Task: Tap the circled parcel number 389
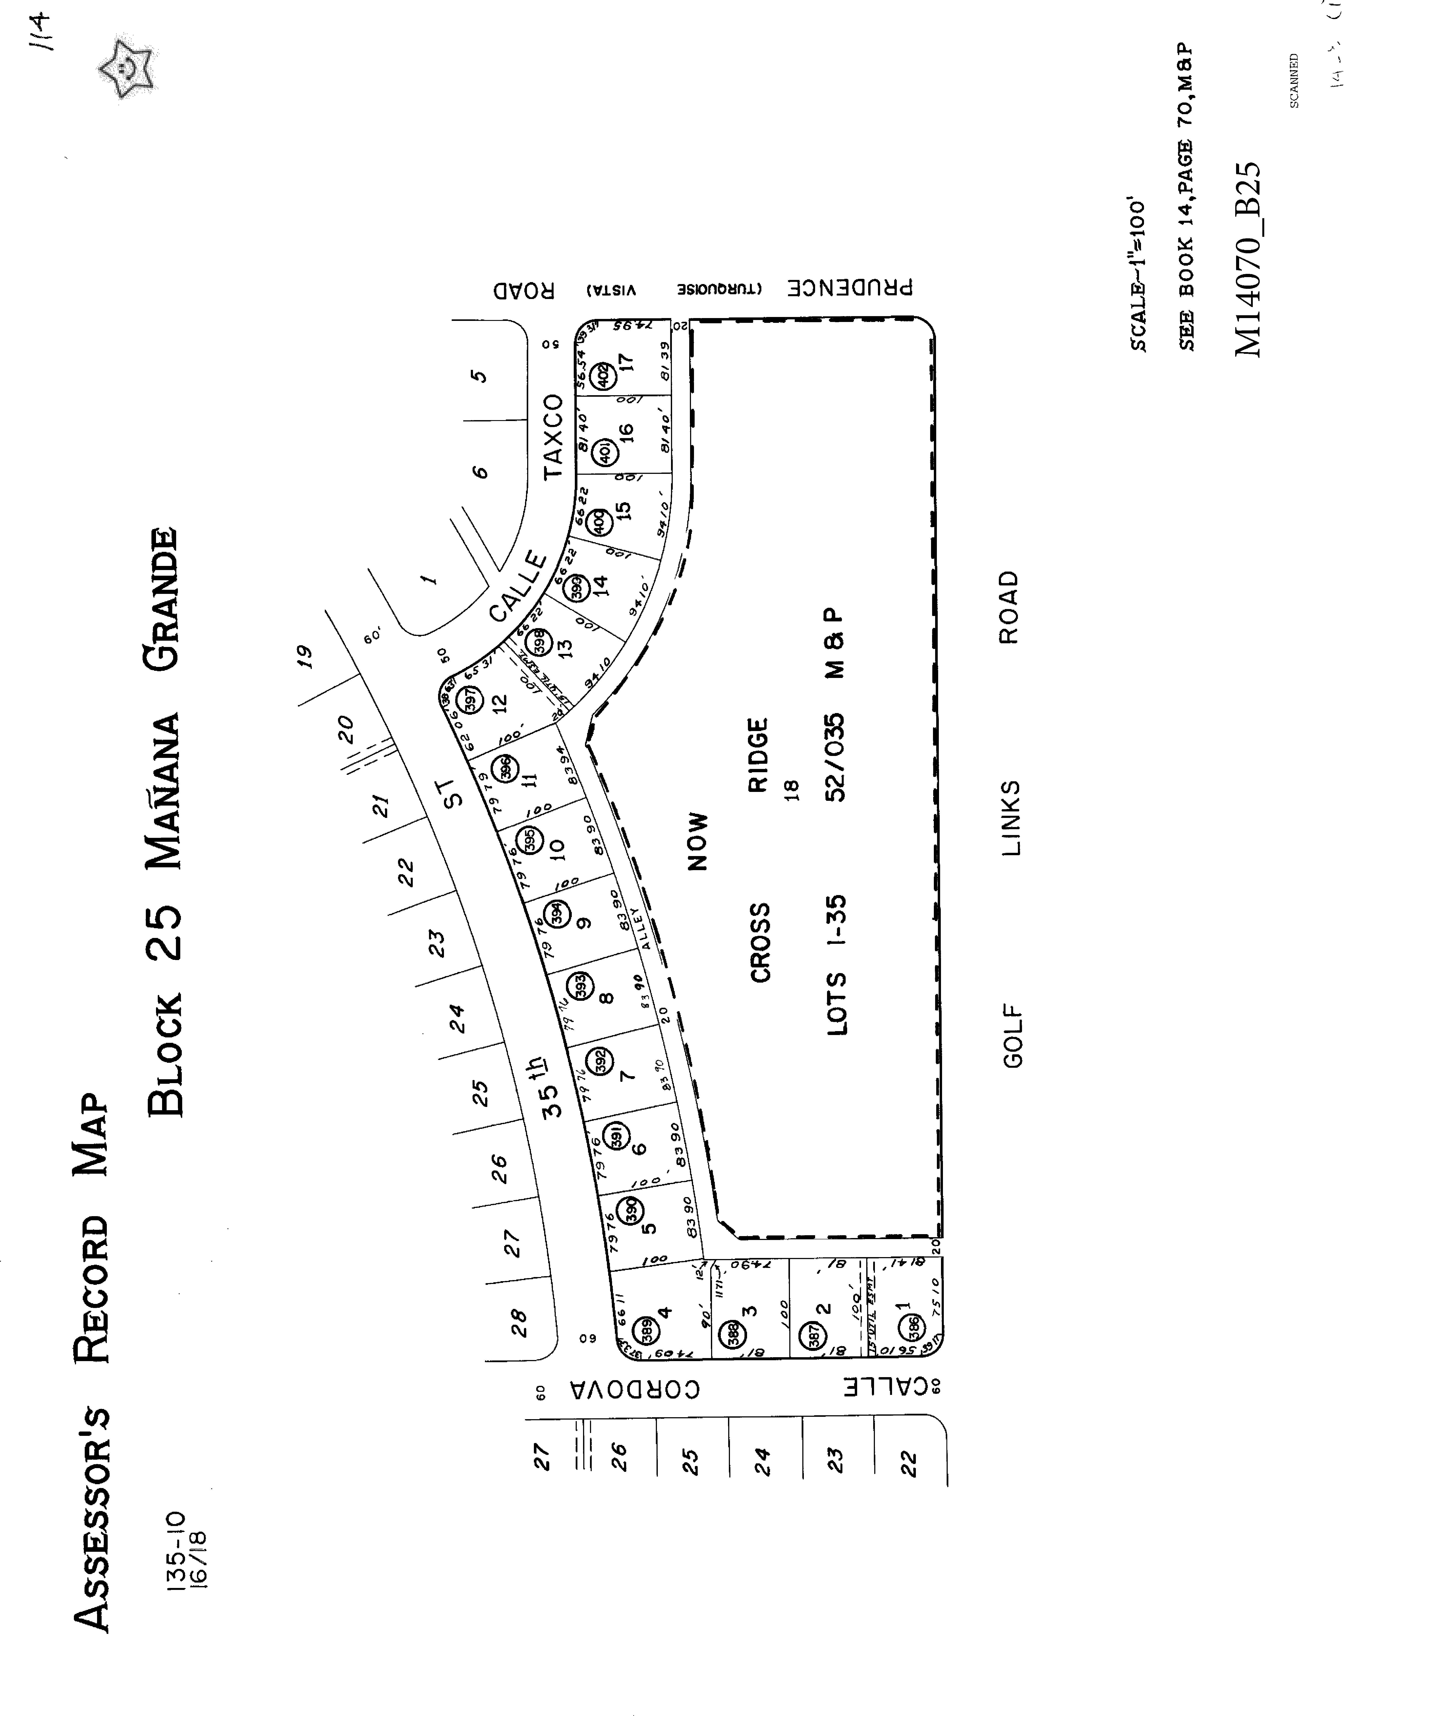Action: pos(646,1329)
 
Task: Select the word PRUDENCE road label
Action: pos(850,288)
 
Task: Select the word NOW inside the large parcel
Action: pos(697,841)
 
